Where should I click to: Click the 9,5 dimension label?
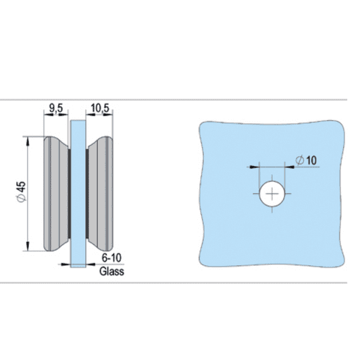tap(56, 109)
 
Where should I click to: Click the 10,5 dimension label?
tap(100, 109)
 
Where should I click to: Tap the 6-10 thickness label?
tap(112, 260)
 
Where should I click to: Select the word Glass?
tap(112, 272)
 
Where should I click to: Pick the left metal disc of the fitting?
tap(56, 193)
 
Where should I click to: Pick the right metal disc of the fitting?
tap(100, 193)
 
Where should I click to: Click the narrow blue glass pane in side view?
tap(78, 193)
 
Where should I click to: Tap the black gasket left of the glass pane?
tap(68, 193)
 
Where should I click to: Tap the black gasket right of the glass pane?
tap(87, 193)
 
